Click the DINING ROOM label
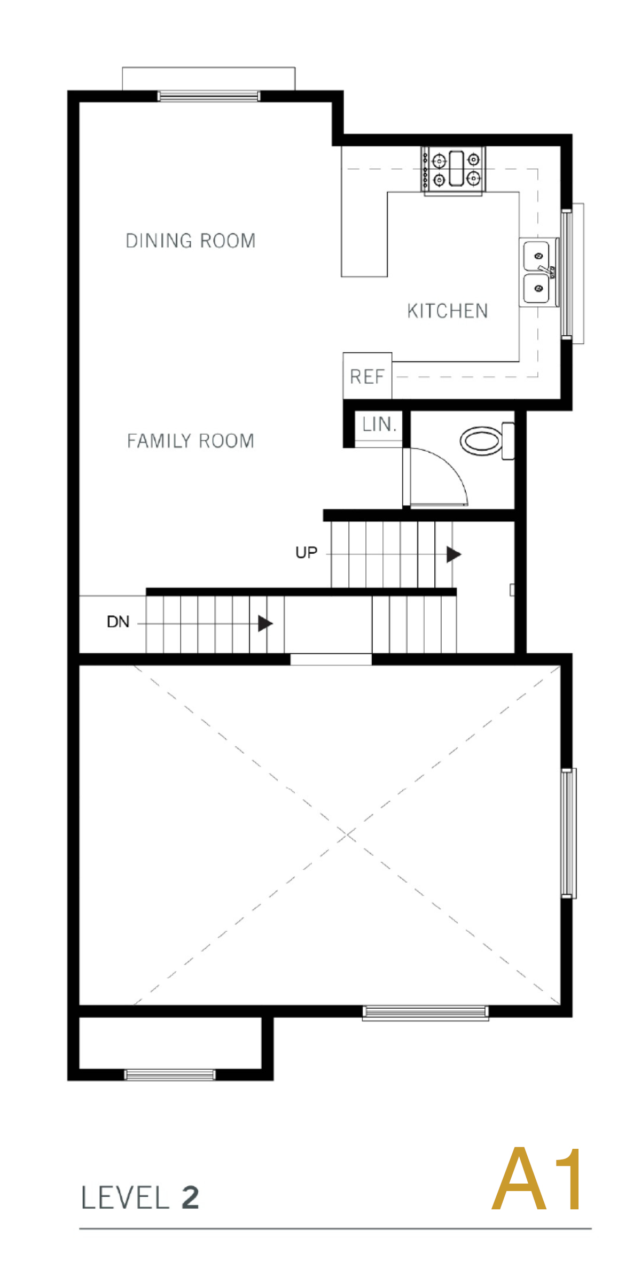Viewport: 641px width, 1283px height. (191, 241)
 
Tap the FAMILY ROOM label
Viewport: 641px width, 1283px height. (191, 441)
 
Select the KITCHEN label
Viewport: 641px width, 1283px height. (448, 311)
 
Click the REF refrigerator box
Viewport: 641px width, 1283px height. (368, 376)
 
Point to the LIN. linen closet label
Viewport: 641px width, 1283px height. (379, 424)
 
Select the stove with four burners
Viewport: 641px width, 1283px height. (453, 169)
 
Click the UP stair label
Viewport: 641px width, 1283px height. (307, 553)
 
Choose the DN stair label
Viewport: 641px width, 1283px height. (118, 622)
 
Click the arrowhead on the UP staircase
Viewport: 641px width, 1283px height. (454, 554)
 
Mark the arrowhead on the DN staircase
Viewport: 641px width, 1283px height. (265, 623)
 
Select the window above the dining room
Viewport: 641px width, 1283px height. (209, 96)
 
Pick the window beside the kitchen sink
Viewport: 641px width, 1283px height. (567, 274)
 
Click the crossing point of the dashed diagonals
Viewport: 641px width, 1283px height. (347, 834)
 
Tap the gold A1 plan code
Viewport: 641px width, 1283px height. (536, 1178)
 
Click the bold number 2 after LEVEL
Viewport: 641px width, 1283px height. (190, 1197)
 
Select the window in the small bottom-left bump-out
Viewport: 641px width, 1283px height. (170, 1075)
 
